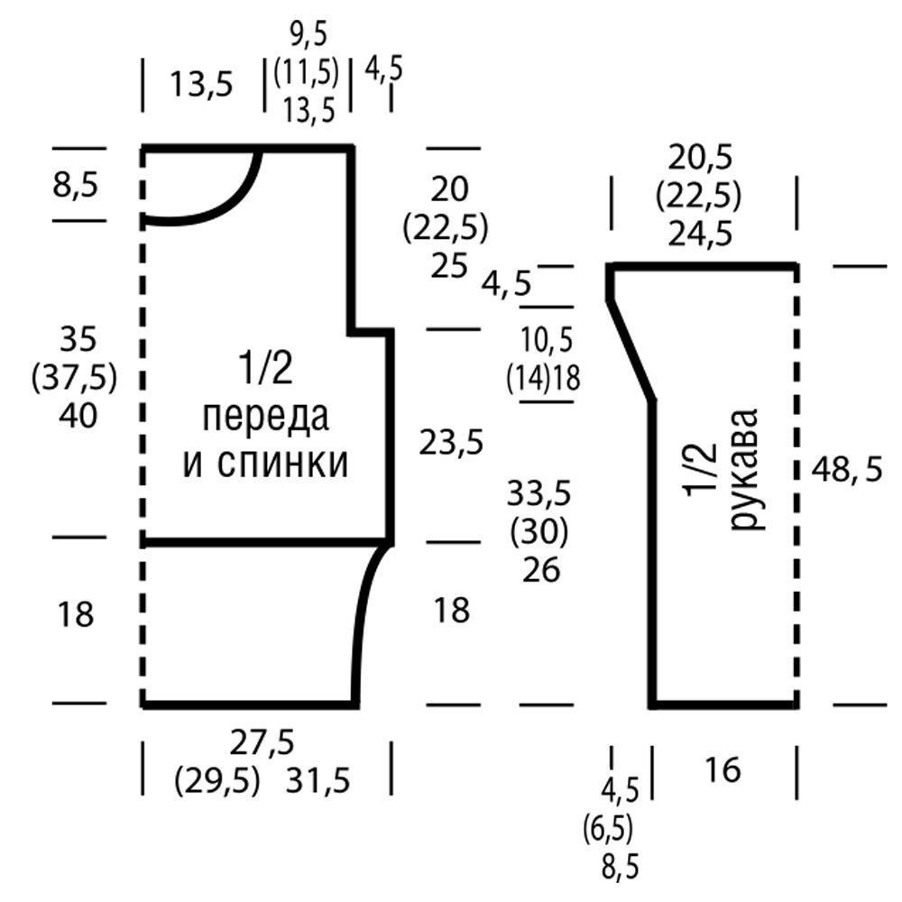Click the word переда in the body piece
266,418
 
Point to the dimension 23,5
451,442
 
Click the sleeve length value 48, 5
845,470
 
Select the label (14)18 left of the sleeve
543,378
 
